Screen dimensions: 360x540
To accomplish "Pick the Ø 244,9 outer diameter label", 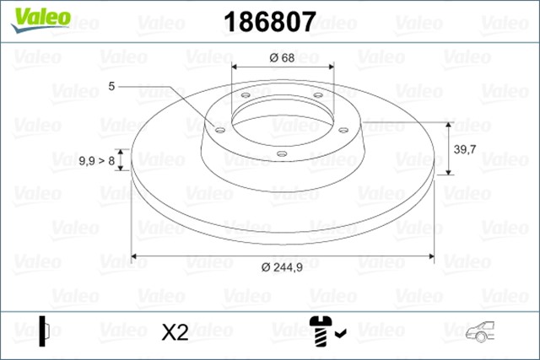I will [282, 267].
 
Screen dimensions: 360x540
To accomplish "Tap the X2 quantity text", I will [174, 332].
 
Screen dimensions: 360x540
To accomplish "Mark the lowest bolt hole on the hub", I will [282, 153].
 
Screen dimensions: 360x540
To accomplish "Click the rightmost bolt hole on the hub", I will [343, 129].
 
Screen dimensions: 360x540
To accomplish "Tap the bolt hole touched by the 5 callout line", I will [219, 129].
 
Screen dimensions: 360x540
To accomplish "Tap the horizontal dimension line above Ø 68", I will [282, 68].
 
